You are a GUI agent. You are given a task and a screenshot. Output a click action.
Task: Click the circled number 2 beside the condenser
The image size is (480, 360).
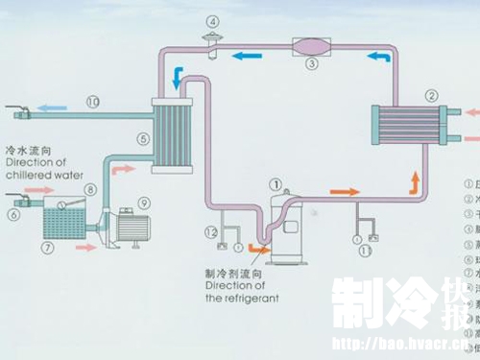[432, 94]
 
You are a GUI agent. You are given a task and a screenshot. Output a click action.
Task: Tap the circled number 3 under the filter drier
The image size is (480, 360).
[311, 65]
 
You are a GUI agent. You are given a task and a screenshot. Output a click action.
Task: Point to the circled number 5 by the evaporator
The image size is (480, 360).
[143, 138]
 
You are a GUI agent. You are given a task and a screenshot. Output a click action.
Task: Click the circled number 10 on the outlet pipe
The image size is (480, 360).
[93, 100]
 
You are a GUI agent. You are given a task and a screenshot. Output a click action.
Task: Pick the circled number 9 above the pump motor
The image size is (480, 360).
[144, 203]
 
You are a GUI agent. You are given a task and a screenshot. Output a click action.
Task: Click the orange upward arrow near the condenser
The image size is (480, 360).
[416, 180]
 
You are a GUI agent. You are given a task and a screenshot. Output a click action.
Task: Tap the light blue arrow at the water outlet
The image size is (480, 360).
[54, 100]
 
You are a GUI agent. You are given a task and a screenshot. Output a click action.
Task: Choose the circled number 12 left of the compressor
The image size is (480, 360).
[210, 231]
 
